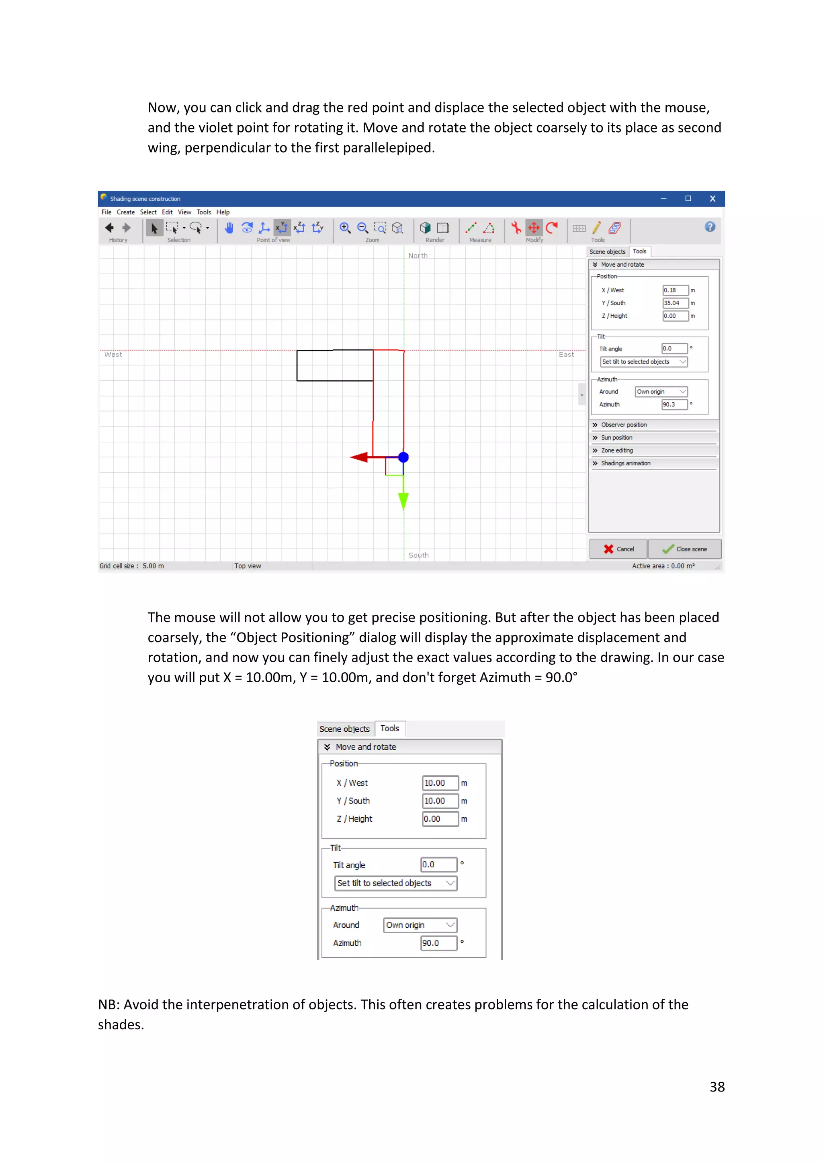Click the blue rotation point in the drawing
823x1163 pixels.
tap(403, 457)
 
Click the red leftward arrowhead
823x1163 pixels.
tap(359, 457)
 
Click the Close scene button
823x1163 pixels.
tap(685, 549)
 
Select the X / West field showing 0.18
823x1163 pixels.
tap(675, 290)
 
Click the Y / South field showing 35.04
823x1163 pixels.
tap(675, 303)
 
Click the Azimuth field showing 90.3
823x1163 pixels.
tap(674, 404)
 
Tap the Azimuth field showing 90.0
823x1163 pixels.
tap(438, 943)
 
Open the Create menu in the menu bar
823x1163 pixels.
tap(126, 212)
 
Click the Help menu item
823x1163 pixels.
tap(223, 212)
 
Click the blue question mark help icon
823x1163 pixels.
tap(710, 227)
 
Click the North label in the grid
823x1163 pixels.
tap(418, 256)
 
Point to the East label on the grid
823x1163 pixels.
tap(566, 355)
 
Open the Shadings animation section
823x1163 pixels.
tap(625, 463)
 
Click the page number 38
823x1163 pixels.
tap(717, 1087)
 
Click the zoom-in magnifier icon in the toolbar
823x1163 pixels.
tap(345, 228)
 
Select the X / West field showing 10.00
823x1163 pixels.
tap(440, 783)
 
